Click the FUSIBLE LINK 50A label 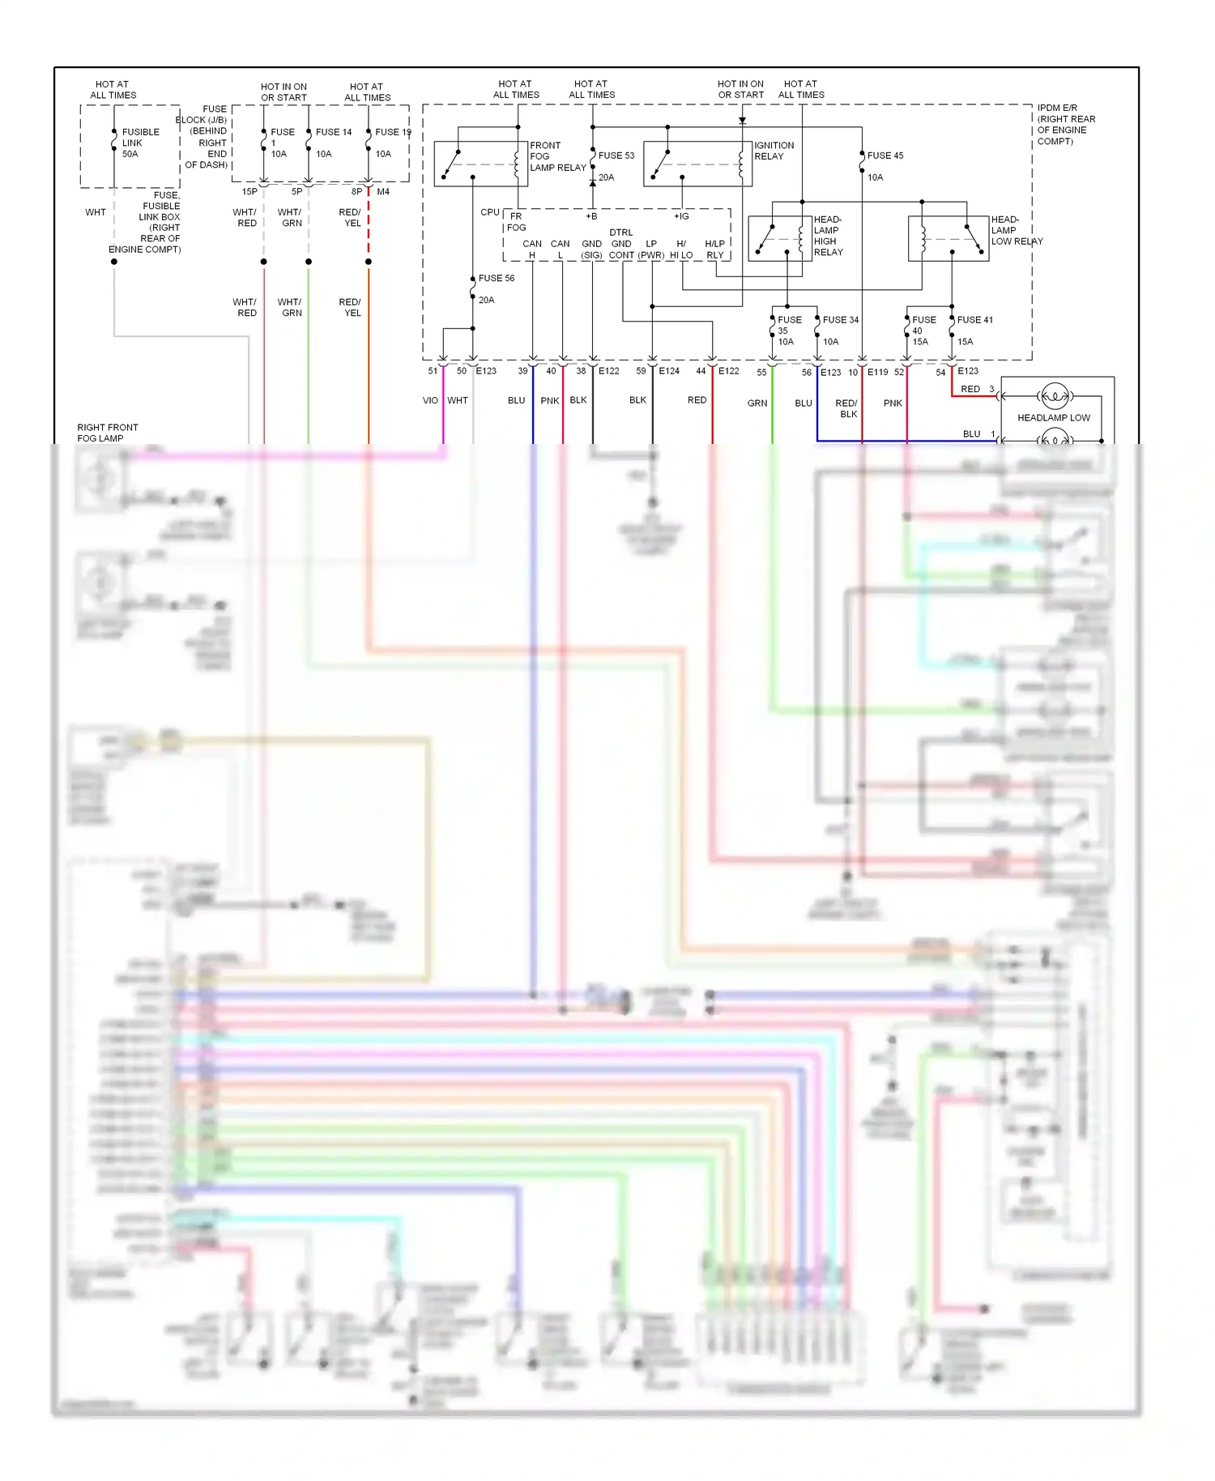140,143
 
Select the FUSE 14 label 333,132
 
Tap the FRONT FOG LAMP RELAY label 556,156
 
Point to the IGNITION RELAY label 774,151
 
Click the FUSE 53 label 616,156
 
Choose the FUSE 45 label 885,156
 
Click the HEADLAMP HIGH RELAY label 828,236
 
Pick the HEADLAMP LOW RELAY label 1016,230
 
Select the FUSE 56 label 496,278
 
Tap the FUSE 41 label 974,320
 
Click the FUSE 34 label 840,320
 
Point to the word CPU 489,212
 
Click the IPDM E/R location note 1065,124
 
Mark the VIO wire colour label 430,400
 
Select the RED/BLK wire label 847,408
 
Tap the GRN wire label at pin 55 757,403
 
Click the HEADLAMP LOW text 1053,418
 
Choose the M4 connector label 383,192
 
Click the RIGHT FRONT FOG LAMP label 107,433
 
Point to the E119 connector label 877,373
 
